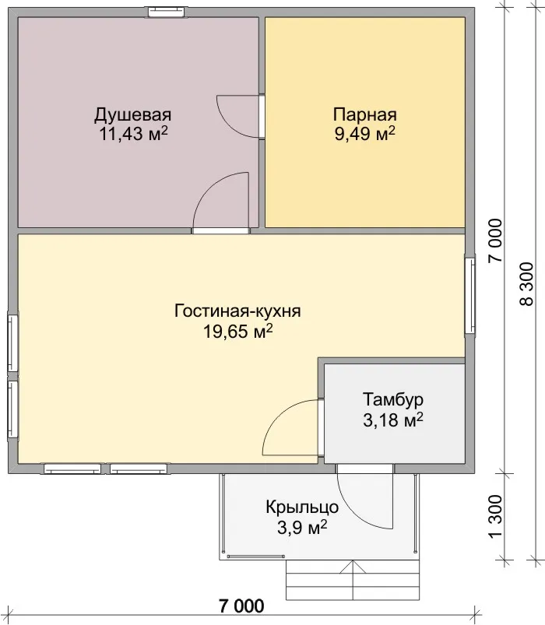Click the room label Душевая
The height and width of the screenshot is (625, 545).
(x=133, y=114)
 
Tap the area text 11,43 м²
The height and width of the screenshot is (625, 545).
(x=133, y=134)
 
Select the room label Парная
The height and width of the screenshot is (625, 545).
(x=365, y=114)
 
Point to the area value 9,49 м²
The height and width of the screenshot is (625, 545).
(x=365, y=134)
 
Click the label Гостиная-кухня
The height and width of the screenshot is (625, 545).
(x=237, y=311)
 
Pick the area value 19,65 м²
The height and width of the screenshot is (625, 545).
(x=238, y=331)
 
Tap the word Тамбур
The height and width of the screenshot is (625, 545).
(x=392, y=399)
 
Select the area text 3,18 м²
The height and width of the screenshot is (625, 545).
(x=392, y=420)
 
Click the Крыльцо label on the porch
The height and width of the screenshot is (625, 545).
(x=302, y=507)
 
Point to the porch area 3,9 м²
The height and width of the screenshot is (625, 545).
(x=302, y=528)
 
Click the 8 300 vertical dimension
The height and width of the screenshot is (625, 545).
(x=526, y=284)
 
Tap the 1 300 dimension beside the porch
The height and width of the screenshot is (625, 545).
(x=496, y=516)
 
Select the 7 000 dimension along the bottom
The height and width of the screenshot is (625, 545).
(x=241, y=606)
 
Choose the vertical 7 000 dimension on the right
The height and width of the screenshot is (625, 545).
(x=496, y=241)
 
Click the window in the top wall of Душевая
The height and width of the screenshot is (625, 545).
(x=167, y=12)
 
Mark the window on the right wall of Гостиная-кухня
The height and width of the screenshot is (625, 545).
(x=470, y=295)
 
